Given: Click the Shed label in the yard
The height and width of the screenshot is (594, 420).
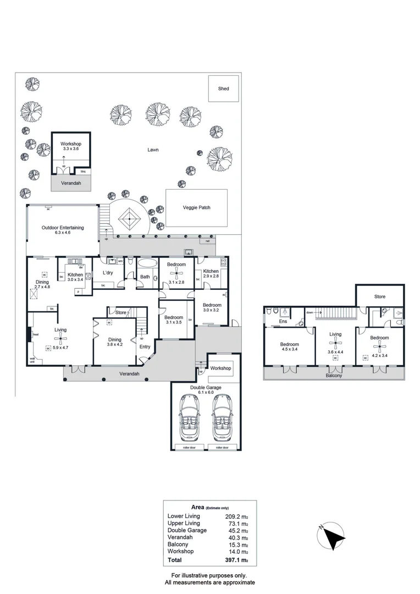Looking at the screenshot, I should (x=223, y=89).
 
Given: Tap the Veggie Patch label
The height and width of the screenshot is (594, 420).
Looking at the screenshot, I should (x=197, y=208).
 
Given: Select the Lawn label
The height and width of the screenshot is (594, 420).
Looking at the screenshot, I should (x=153, y=150).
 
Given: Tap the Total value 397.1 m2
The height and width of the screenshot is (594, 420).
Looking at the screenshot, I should (x=237, y=560).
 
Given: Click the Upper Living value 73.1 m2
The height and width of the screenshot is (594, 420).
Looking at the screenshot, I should (x=237, y=523).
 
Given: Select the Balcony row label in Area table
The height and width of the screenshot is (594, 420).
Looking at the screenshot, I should (x=178, y=544).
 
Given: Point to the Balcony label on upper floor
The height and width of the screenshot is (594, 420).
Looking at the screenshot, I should (x=333, y=376).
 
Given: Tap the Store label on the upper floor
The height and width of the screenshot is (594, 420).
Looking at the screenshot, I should (x=380, y=296).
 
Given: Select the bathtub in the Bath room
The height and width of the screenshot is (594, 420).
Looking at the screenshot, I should (x=146, y=263).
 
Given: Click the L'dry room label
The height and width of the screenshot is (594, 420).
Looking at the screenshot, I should (x=108, y=273).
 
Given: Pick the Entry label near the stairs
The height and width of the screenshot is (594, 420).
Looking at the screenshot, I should (x=145, y=346).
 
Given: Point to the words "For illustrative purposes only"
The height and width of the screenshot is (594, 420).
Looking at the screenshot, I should (x=209, y=575).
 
